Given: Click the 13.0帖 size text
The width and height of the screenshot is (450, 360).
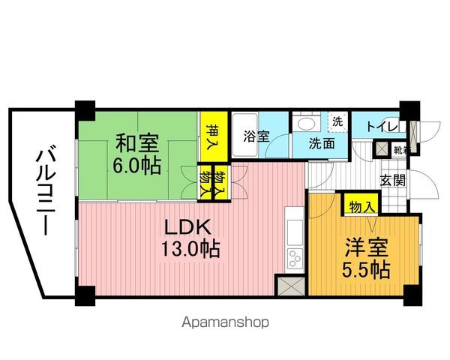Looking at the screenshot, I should pyautogui.click(x=192, y=249).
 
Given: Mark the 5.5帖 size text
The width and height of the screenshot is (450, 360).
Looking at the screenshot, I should pyautogui.click(x=366, y=270).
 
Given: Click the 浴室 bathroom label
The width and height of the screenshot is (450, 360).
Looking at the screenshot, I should pyautogui.click(x=255, y=136).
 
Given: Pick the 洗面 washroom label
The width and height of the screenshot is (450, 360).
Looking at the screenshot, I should pyautogui.click(x=322, y=145).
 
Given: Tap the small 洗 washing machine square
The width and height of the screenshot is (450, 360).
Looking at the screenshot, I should pyautogui.click(x=337, y=121).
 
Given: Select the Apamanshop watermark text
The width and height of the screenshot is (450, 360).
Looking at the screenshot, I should pyautogui.click(x=225, y=323).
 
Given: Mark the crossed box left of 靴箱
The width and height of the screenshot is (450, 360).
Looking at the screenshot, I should pyautogui.click(x=384, y=148).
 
